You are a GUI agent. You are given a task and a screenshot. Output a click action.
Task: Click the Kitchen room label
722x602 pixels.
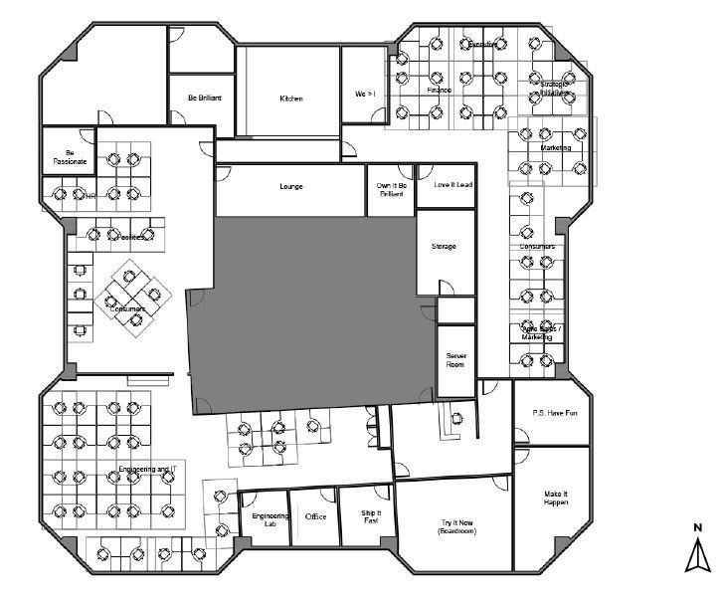click(x=290, y=99)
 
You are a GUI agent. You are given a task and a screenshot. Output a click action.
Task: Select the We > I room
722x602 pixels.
click(x=365, y=94)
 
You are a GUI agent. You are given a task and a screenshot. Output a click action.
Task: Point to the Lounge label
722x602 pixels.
click(x=290, y=187)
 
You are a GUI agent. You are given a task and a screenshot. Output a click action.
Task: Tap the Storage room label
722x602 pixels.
click(x=444, y=246)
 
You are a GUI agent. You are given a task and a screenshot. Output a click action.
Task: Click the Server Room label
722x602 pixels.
click(x=456, y=359)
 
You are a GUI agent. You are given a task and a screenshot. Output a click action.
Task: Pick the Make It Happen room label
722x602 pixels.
click(x=555, y=499)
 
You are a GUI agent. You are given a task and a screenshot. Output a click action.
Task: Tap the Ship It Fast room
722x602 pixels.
click(x=371, y=516)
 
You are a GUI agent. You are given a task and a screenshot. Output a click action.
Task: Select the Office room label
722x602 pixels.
click(x=316, y=516)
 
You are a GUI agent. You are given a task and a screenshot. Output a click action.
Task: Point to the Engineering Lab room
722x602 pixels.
click(x=270, y=519)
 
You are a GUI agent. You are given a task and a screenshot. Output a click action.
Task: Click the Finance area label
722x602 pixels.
click(x=440, y=90)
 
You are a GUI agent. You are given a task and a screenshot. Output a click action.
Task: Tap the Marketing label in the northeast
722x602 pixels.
click(x=555, y=147)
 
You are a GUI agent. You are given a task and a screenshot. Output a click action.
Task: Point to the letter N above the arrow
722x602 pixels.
click(x=698, y=527)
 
